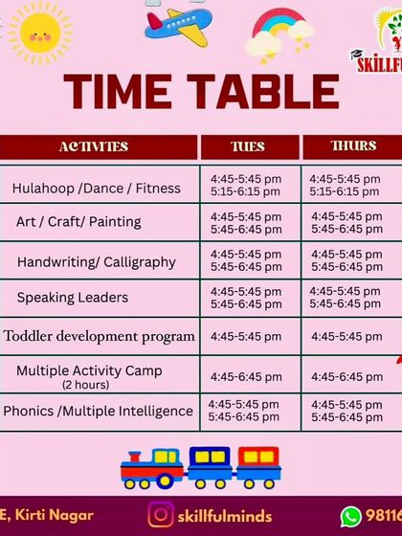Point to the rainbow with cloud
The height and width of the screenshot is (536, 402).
tap(279, 35)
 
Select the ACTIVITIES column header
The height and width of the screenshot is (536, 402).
tap(94, 147)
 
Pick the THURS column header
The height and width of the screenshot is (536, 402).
tap(353, 146)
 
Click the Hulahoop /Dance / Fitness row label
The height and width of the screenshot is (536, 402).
tap(96, 188)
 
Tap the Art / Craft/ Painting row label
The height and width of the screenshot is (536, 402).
tap(78, 222)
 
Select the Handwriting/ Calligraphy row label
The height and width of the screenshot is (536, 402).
tap(97, 261)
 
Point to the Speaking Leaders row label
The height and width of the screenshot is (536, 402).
tap(73, 298)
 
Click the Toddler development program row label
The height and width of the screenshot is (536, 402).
tap(100, 336)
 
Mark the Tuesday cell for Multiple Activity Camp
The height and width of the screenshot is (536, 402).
tap(246, 377)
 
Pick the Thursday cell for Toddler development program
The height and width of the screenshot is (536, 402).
tap(346, 337)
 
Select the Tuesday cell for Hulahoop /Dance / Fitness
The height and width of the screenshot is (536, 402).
tap(246, 186)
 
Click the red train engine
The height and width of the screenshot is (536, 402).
tap(149, 468)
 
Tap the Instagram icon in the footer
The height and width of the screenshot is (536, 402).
tap(161, 516)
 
